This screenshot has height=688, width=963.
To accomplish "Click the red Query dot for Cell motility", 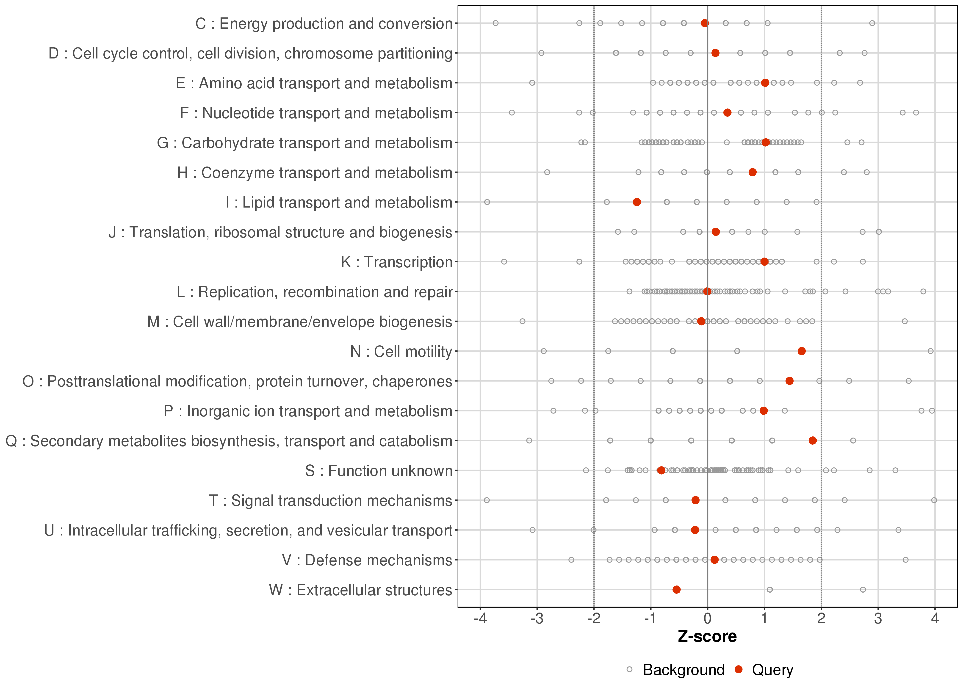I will [x=801, y=351].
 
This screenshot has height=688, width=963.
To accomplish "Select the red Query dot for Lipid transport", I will [x=636, y=202].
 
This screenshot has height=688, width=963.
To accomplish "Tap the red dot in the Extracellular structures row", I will [x=676, y=590].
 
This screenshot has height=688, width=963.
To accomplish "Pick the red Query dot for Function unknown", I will [x=661, y=470].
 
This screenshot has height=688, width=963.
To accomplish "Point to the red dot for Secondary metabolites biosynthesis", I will [x=812, y=441].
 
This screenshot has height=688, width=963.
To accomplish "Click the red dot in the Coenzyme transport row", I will [x=752, y=172].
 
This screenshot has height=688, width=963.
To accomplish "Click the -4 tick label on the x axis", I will [x=480, y=619].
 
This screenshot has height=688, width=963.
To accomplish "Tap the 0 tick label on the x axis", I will [x=707, y=619].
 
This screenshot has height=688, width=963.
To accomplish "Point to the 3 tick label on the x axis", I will [x=878, y=619].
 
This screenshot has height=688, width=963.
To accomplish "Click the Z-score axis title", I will [x=707, y=637].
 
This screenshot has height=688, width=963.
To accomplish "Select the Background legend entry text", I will [x=684, y=670].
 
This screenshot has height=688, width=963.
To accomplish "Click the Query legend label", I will [x=772, y=670].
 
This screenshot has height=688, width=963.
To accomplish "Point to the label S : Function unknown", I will [x=379, y=471].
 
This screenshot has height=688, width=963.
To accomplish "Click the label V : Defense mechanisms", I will [x=367, y=560].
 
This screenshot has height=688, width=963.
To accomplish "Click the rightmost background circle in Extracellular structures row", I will [x=863, y=590].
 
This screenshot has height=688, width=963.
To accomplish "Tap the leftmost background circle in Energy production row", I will [x=495, y=23].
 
